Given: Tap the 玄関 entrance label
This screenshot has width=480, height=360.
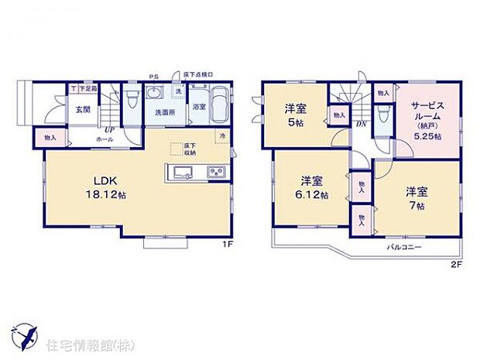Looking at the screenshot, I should coord(83,109).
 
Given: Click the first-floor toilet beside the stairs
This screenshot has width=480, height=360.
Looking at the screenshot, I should coord(131,98).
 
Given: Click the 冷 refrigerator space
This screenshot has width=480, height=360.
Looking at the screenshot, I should coord(223,138).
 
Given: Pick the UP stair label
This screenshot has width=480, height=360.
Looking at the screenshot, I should coord(110,129).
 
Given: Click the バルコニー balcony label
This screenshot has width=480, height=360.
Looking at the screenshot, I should coord(403,247).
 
